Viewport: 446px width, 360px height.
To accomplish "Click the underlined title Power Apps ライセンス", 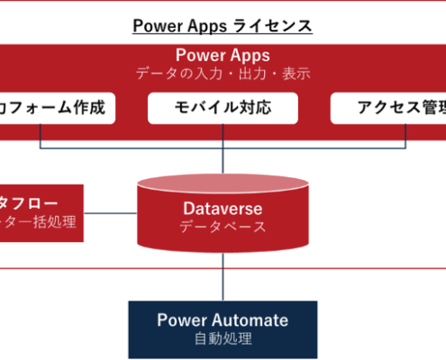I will tap(223, 25).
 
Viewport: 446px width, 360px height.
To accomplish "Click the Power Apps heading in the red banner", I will tap(223, 56).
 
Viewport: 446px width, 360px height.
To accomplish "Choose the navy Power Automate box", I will tap(223, 328).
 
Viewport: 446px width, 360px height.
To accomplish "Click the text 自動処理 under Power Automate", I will tap(223, 340).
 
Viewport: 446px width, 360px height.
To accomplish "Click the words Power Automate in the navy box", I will tap(223, 319).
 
